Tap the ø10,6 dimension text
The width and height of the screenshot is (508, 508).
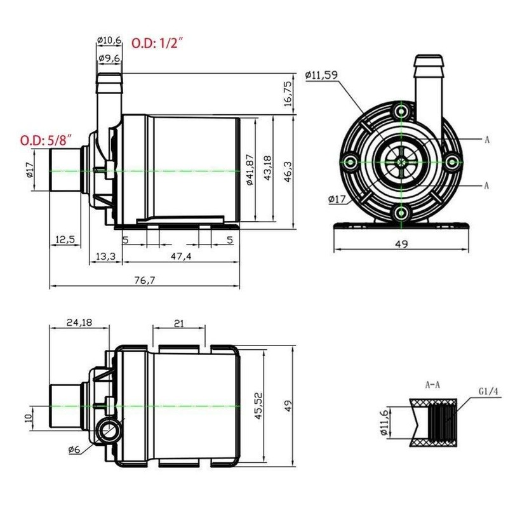click(x=109, y=41)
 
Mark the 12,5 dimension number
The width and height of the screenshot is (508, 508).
click(x=65, y=239)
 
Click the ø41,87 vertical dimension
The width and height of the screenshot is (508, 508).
click(x=250, y=170)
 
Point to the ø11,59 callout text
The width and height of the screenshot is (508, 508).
click(x=322, y=75)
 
